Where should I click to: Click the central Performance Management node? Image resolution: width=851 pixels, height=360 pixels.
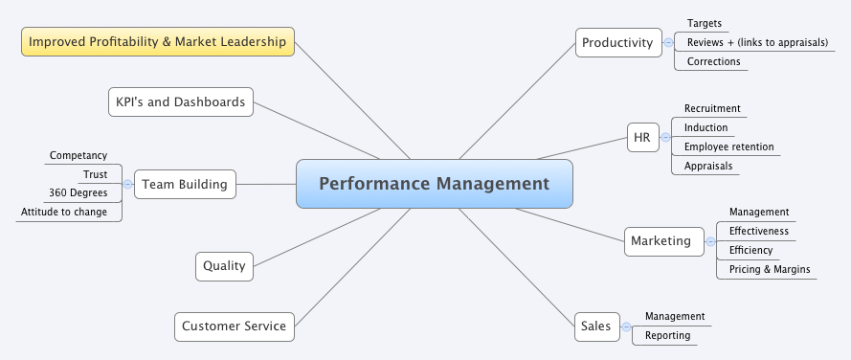pos(434,184)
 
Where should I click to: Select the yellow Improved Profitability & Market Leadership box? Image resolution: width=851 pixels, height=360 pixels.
pos(158,42)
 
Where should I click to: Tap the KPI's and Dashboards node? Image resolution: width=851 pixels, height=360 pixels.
pos(181,101)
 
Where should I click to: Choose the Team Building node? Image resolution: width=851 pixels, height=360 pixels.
pos(185,184)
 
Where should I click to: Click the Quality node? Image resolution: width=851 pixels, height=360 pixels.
pos(224,266)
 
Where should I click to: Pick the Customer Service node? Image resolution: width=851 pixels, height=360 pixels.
pos(234,326)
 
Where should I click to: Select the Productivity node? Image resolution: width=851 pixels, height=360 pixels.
pos(617,42)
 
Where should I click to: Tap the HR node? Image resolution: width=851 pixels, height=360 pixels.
pos(641,137)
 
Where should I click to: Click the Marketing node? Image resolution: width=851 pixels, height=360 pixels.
pos(661,240)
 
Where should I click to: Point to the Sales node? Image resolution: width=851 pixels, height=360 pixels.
pos(595,326)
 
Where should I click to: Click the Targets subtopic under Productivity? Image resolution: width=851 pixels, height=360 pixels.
pos(705,23)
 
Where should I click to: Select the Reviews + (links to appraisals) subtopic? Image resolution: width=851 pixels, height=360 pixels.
pos(757,42)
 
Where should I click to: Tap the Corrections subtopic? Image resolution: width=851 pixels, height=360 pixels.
pos(713,61)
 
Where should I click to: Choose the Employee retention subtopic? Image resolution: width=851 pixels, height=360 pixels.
pos(728,146)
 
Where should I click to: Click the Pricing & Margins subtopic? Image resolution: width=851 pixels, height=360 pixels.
pos(769,269)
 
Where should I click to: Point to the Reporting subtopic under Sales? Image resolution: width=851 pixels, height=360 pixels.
pos(667,335)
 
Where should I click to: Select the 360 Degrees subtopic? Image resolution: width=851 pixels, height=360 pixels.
pos(78,192)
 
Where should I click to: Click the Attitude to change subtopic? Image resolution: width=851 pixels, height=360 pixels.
pos(64,212)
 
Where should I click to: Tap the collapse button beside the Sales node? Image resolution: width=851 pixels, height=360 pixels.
pos(624,326)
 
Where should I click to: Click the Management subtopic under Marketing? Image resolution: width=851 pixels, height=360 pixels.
pos(758,212)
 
